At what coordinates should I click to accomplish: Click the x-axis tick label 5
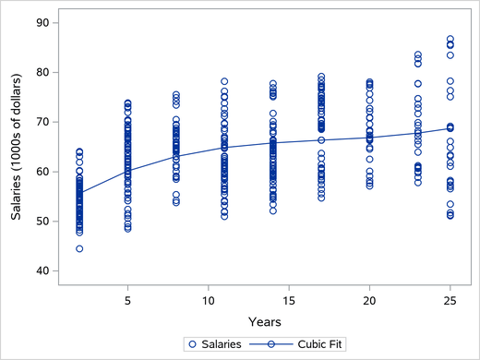tap(127, 301)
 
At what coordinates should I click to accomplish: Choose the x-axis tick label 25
tap(450, 301)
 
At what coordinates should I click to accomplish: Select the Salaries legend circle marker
tap(192, 343)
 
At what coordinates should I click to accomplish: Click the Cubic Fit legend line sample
tap(272, 343)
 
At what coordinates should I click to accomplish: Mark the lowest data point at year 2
tap(79, 248)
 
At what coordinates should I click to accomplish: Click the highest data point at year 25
tap(450, 40)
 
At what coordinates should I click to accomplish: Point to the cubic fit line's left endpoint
tap(79, 194)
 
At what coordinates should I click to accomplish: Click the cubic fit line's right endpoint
tap(450, 127)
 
